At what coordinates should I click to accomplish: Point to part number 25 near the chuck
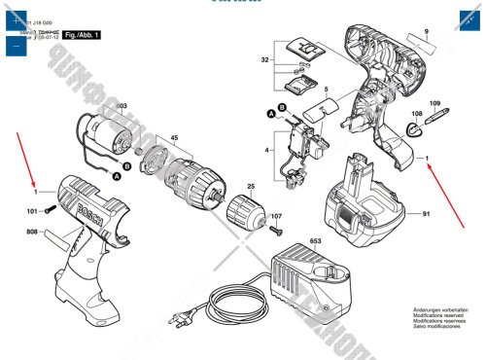point(250,186)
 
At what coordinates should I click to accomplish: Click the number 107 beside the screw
point(277,216)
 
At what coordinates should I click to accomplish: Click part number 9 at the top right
point(424,33)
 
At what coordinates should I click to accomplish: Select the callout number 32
point(264,60)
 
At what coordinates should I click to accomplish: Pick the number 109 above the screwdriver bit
point(434,103)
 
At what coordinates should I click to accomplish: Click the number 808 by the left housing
point(32,232)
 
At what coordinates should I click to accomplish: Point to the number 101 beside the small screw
point(32,210)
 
